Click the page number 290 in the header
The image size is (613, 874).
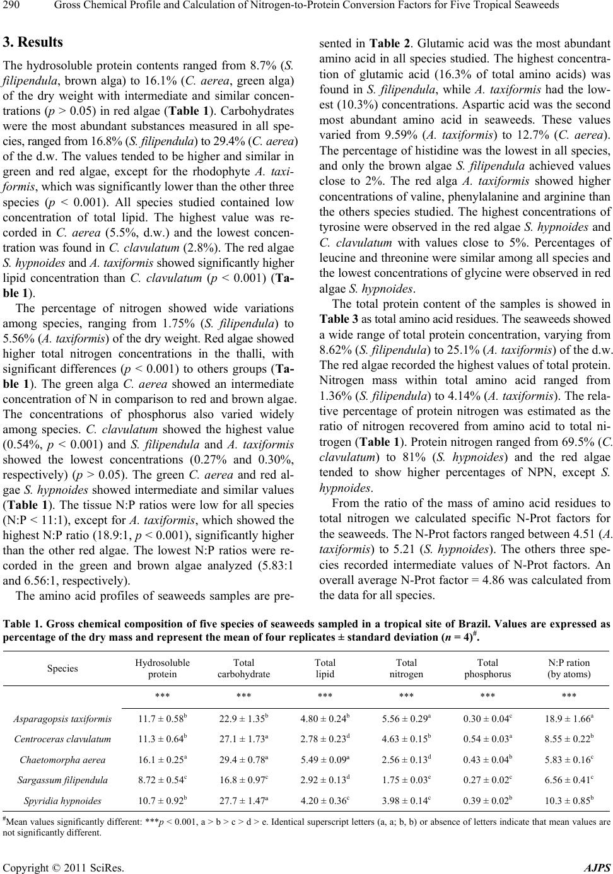click(x=12, y=7)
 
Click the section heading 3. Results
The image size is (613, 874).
click(x=33, y=43)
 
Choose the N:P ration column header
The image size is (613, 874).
click(x=568, y=438)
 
